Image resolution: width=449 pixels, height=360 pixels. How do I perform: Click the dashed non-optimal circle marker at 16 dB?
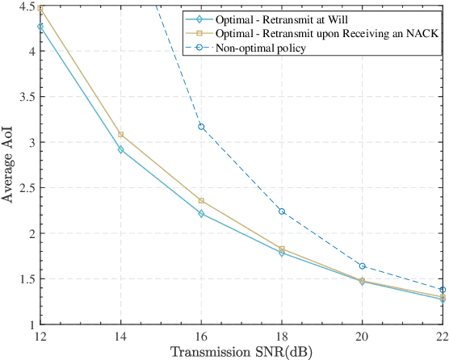[201, 127]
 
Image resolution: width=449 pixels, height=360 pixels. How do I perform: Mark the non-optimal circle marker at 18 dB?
[281, 211]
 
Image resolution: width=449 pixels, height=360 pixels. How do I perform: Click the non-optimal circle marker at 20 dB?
[362, 266]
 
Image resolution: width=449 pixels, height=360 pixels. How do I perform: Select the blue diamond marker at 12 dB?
[40, 27]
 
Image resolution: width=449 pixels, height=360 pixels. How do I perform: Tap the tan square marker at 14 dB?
[120, 135]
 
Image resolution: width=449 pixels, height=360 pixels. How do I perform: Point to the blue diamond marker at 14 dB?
[120, 149]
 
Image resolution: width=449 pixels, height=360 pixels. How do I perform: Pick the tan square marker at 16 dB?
[201, 201]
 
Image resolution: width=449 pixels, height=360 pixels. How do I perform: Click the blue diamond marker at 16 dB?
[201, 214]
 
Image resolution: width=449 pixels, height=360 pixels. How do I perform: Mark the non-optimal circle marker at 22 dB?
[442, 290]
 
